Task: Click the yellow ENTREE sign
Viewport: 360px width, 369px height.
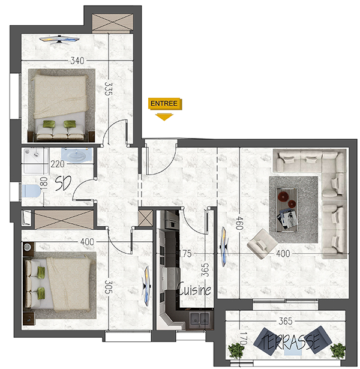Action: pos(165,104)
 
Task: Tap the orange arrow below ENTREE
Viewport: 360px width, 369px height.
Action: pos(164,117)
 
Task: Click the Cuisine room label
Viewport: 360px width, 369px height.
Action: pos(194,289)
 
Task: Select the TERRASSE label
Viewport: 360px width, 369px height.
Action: pos(290,340)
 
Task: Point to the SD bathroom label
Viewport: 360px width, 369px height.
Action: pos(63,184)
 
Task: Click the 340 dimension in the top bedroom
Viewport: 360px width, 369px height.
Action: pos(77,61)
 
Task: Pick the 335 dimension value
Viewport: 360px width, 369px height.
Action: pos(108,88)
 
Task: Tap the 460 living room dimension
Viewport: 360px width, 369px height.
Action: pos(239,223)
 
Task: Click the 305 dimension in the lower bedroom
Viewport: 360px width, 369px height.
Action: pos(108,287)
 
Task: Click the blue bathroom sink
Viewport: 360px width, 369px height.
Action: pos(77,155)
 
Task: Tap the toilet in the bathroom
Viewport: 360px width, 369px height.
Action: pos(31,191)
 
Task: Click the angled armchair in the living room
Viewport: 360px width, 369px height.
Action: pos(262,244)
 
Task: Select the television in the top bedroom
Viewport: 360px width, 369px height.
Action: pos(59,40)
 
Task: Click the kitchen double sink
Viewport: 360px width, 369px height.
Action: pos(200,318)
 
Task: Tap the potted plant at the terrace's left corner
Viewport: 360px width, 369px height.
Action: pos(236,350)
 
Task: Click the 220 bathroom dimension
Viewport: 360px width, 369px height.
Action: pos(58,164)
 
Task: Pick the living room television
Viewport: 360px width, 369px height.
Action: pos(224,247)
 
